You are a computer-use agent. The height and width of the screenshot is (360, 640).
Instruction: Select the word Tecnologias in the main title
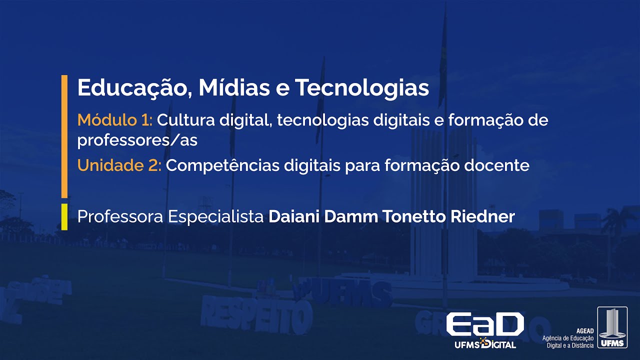click(x=362, y=88)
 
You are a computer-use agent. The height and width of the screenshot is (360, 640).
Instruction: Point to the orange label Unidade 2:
click(x=119, y=165)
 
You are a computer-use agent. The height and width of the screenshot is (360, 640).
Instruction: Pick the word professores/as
click(x=137, y=141)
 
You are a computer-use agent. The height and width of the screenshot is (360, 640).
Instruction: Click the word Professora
click(x=120, y=217)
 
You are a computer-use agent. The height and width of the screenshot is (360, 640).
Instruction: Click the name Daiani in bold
click(x=294, y=217)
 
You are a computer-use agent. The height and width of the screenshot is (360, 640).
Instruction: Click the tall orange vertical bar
click(x=64, y=136)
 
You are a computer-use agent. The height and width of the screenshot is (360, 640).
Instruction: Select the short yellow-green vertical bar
click(x=64, y=217)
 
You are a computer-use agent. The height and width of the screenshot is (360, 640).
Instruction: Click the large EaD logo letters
click(x=484, y=325)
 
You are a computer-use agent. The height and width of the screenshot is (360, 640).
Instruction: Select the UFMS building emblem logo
click(x=612, y=327)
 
